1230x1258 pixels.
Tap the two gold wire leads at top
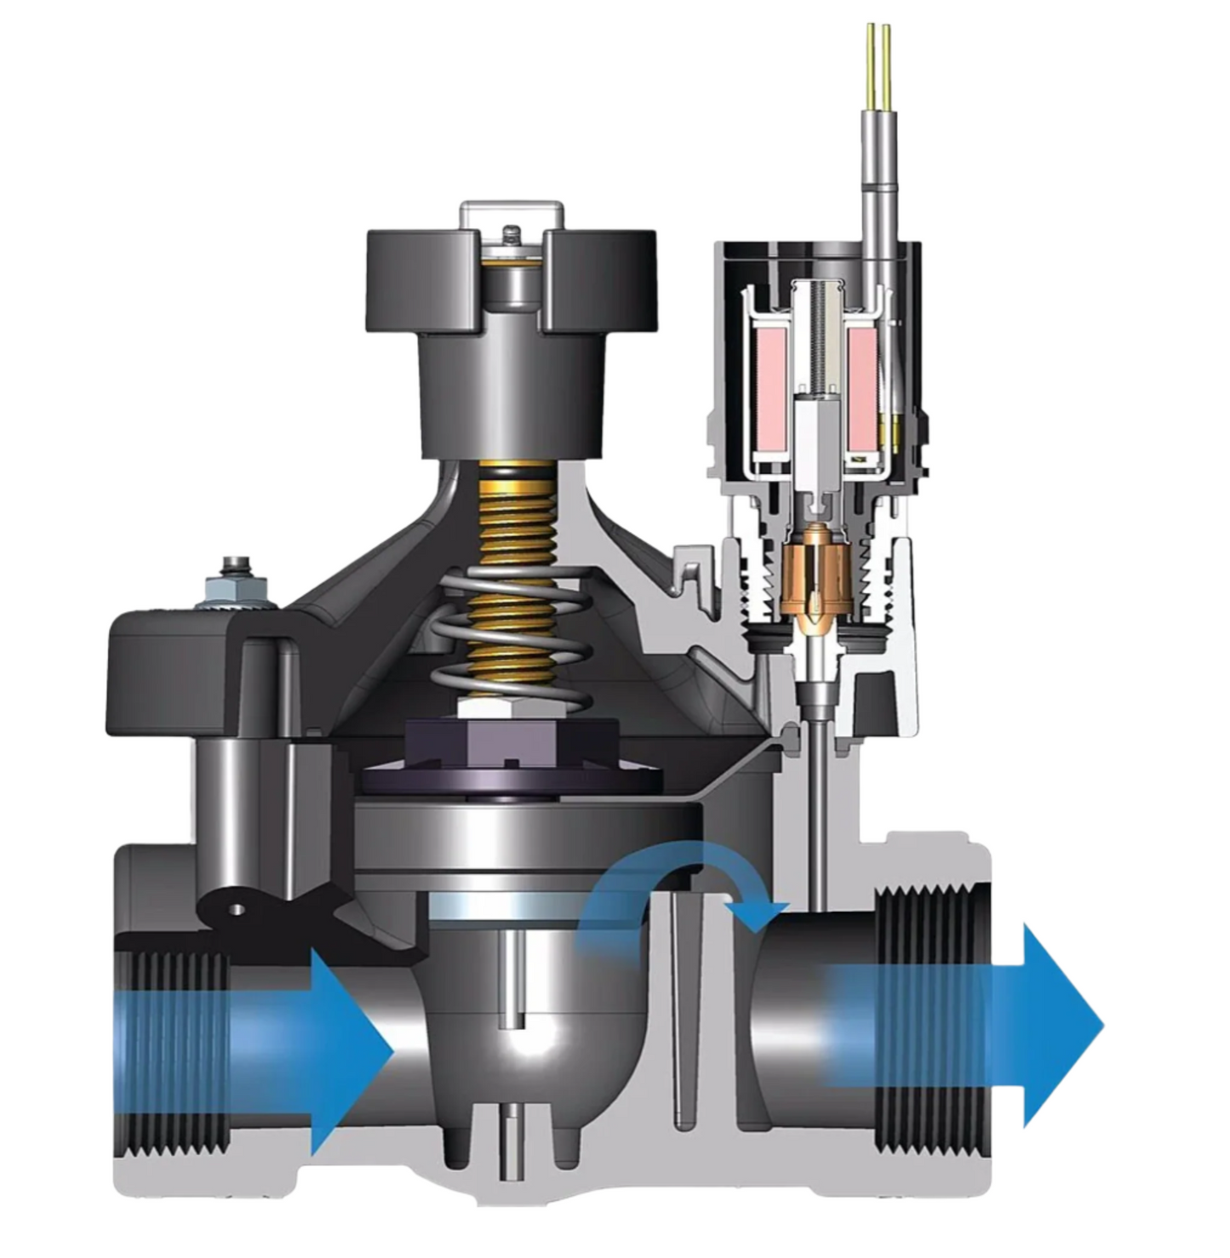pyautogui.click(x=878, y=60)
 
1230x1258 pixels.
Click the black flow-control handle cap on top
pyautogui.click(x=511, y=281)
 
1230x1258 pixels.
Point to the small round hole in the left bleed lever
pyautogui.click(x=237, y=909)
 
